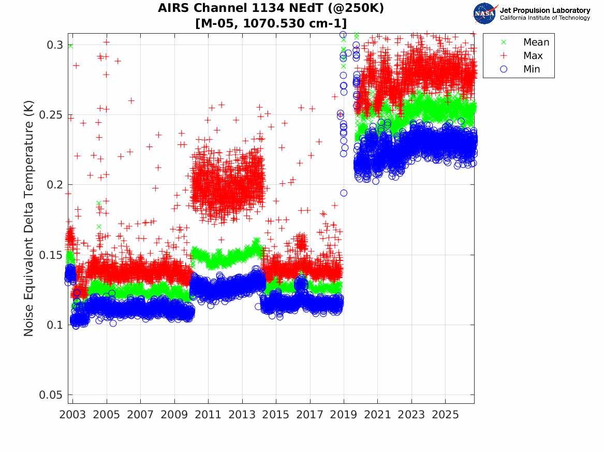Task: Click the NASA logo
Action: coord(485,13)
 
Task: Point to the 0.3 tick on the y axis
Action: coord(55,45)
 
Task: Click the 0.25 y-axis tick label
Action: coord(51,115)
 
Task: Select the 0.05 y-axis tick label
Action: coord(51,395)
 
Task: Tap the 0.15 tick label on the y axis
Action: coord(51,255)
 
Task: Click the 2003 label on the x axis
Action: coord(72,415)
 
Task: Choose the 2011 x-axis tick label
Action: coord(209,415)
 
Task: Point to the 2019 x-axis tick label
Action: coord(344,415)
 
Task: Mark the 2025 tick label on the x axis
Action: coord(445,415)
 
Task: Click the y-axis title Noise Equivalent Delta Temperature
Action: coord(29,218)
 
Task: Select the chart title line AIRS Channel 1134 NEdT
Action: coord(271,8)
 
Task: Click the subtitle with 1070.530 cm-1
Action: coord(271,23)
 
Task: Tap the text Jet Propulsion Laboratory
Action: coord(544,10)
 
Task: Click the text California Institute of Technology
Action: coord(544,18)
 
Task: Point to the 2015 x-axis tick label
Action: coord(276,415)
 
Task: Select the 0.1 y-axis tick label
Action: coord(55,325)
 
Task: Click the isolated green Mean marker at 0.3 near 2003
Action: coord(70,46)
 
